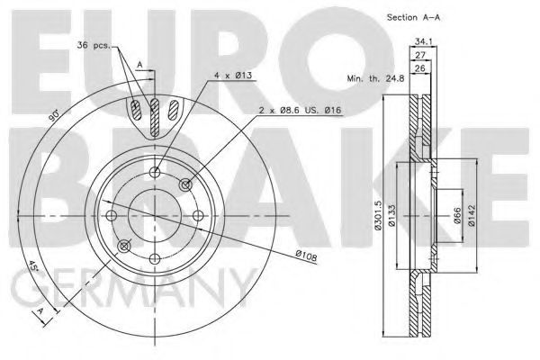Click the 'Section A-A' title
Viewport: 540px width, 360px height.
[413, 17]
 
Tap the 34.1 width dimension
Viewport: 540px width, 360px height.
[423, 41]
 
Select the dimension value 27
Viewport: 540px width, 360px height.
[420, 55]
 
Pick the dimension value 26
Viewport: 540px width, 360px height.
[420, 68]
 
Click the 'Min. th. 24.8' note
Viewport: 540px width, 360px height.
[375, 78]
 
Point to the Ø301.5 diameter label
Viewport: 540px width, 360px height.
[379, 215]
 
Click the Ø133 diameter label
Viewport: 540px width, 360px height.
[392, 215]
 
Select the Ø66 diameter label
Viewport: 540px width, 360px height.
[457, 215]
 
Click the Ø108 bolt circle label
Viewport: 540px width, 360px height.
[306, 256]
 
